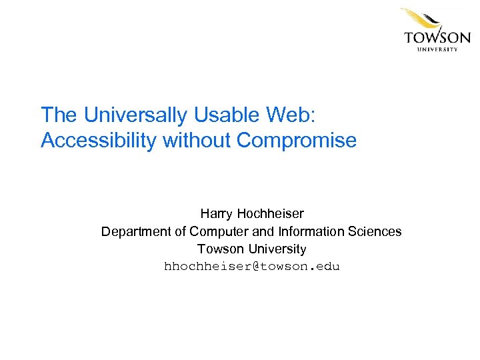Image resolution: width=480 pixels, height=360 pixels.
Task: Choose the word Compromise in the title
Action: (297, 141)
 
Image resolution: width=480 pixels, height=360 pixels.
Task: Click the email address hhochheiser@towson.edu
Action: (252, 267)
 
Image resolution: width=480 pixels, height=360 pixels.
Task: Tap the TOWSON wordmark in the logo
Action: (437, 37)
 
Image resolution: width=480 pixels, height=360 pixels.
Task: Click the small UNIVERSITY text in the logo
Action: (437, 49)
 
